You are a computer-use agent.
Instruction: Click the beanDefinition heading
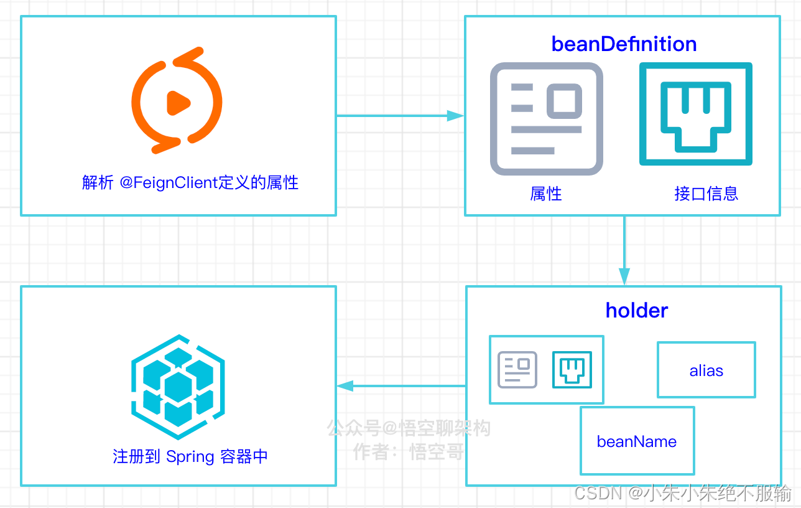624,44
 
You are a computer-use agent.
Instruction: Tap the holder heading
637,310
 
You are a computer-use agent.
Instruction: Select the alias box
706,370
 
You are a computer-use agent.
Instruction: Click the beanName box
637,441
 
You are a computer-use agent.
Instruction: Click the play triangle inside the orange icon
178,103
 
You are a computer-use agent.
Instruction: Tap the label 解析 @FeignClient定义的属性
190,182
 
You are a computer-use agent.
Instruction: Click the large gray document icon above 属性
547,118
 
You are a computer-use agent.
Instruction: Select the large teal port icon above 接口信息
696,114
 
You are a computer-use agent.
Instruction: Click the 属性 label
546,194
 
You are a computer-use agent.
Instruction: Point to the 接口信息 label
706,193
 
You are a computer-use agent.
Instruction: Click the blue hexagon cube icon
178,386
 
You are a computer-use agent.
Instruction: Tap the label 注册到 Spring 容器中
190,456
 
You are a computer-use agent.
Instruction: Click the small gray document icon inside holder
517,370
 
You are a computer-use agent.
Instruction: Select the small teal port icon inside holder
572,370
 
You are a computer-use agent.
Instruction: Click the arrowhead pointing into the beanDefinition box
456,116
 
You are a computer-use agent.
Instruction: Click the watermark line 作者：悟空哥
409,451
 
